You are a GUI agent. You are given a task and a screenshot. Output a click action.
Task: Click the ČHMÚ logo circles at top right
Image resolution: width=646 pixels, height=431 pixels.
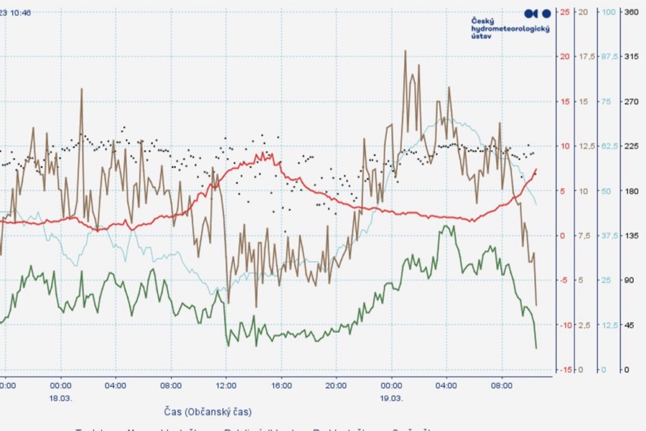click(538, 13)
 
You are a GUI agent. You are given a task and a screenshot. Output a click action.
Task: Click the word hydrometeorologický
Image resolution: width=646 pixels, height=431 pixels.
click(510, 29)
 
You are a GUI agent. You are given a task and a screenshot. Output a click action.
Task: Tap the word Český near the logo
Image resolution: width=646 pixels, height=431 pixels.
click(482, 21)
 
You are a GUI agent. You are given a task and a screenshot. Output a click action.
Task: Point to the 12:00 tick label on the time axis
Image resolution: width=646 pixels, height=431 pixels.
click(226, 385)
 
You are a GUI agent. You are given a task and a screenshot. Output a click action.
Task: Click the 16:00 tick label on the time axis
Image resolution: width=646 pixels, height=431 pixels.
click(281, 385)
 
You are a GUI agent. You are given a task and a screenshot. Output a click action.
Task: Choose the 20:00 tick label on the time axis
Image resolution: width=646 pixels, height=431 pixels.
click(337, 385)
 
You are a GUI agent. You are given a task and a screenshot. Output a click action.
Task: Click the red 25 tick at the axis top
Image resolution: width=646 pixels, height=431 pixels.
click(565, 11)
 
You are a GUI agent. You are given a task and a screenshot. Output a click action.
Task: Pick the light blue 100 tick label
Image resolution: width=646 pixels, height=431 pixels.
click(609, 11)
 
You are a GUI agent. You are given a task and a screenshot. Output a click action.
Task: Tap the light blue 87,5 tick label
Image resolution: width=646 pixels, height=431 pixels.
click(609, 57)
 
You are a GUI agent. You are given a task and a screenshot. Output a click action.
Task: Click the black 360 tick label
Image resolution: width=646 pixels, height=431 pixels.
click(632, 11)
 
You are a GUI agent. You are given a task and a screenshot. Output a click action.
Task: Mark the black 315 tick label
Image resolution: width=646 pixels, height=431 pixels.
click(632, 57)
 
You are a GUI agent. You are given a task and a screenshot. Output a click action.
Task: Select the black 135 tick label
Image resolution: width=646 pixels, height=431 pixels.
click(632, 235)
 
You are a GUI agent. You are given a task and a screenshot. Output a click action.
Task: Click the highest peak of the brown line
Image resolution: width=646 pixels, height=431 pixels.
click(406, 51)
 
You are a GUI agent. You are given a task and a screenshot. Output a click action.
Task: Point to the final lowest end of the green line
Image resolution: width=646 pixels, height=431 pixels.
click(536, 348)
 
